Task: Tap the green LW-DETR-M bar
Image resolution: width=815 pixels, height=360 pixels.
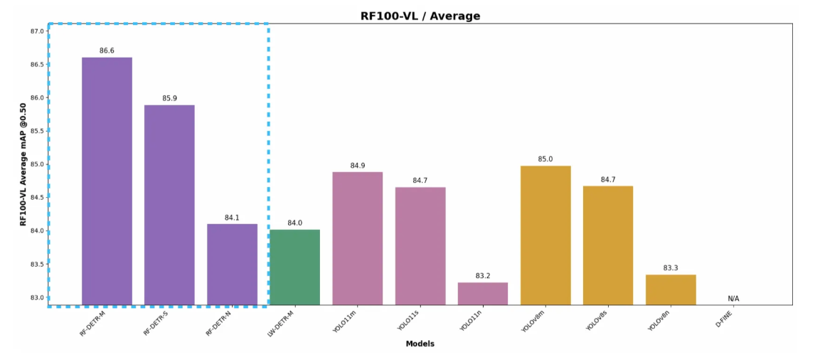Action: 294,267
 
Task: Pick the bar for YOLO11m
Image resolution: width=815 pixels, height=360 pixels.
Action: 357,238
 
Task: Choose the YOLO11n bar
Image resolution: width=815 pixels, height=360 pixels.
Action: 482,293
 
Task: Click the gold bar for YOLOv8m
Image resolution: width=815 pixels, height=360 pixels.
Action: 545,235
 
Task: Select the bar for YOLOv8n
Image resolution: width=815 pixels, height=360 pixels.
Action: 671,290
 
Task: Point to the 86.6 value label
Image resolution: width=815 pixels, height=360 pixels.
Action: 107,51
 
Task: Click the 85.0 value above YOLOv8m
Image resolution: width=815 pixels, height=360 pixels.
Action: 545,159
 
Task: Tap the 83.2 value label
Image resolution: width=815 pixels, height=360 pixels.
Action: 482,275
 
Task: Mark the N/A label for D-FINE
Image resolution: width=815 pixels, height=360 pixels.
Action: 733,299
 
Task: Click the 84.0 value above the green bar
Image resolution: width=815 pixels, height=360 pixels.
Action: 294,223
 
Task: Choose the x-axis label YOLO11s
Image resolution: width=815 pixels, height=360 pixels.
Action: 408,322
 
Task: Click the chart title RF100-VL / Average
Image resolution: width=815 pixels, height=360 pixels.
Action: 420,16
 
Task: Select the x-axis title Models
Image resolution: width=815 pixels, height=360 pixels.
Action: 420,344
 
